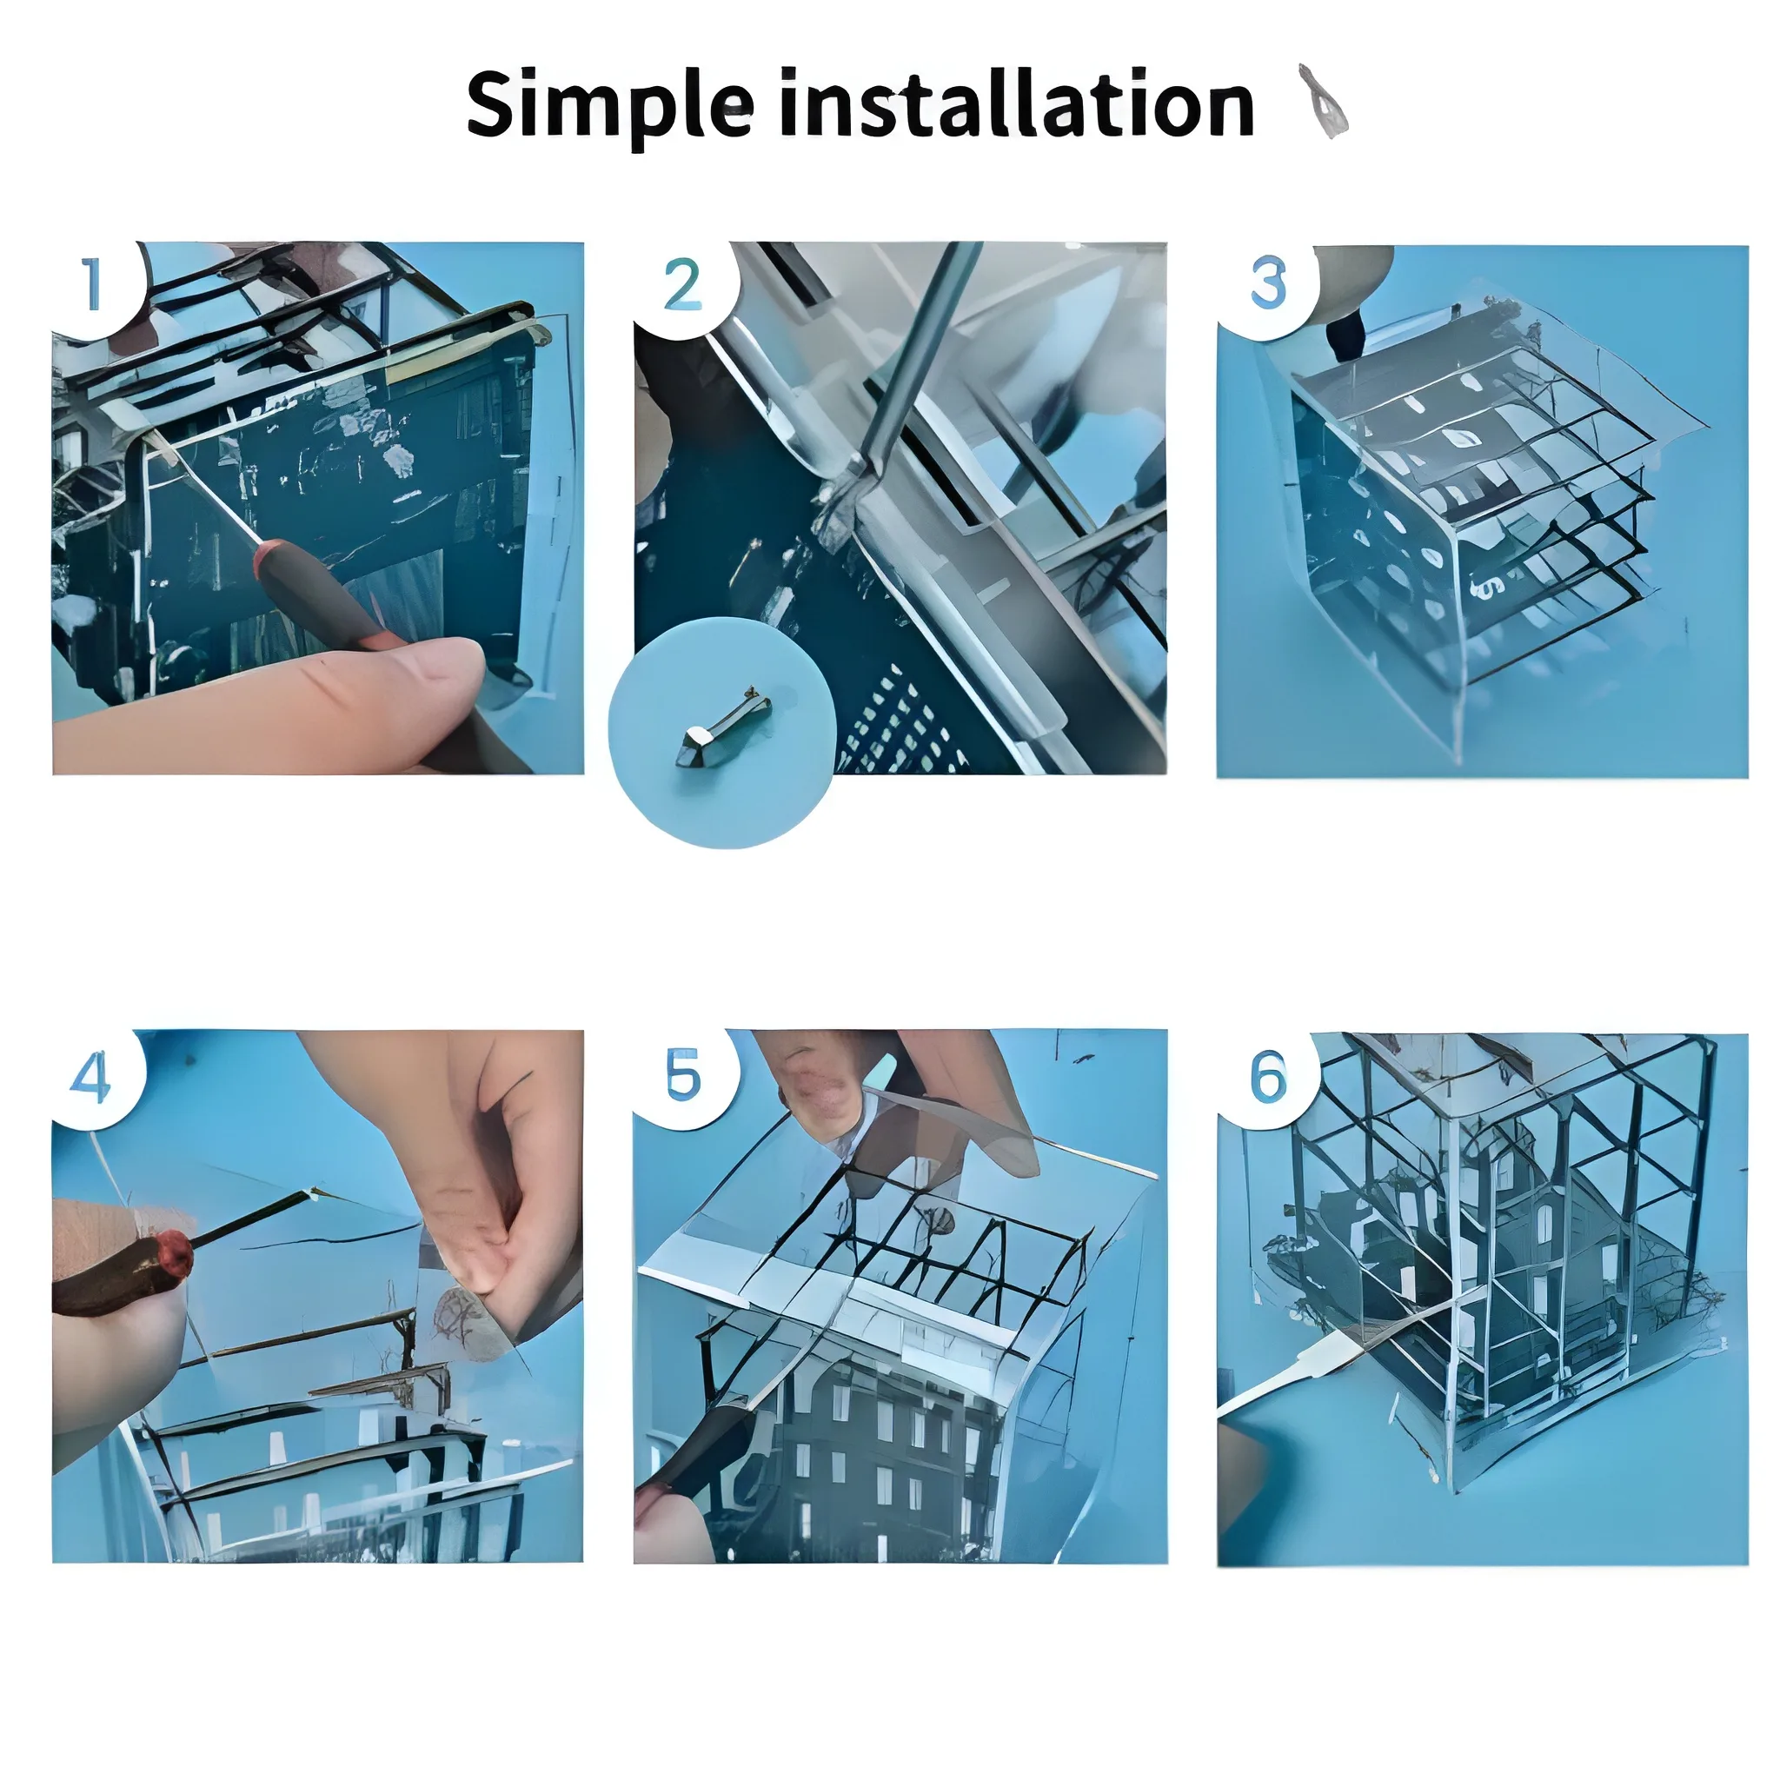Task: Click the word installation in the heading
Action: point(1017,103)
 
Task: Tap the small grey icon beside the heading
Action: point(1324,102)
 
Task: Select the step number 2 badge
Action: point(684,288)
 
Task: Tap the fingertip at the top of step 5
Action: point(820,1092)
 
